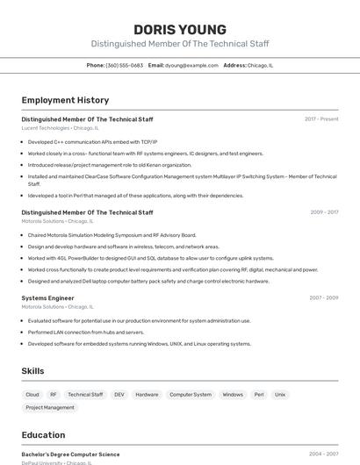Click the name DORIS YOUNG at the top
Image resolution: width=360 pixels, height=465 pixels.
click(x=180, y=29)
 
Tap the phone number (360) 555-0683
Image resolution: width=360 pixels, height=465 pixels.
click(x=124, y=65)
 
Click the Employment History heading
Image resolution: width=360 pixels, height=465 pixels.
click(x=65, y=100)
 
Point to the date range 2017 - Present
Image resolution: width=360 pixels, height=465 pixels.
click(x=321, y=118)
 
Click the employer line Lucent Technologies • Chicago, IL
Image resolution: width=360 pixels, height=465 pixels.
click(x=60, y=128)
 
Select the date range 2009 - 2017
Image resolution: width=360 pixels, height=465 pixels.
click(x=324, y=211)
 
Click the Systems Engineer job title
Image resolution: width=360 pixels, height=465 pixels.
click(x=47, y=297)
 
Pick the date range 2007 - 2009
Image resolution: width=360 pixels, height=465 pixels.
click(x=324, y=297)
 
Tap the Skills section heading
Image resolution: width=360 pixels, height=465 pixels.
click(x=32, y=371)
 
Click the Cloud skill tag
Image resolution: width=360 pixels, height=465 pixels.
click(x=32, y=395)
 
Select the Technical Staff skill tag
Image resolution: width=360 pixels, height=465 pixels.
click(x=85, y=395)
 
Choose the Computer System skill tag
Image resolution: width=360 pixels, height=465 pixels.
click(x=191, y=395)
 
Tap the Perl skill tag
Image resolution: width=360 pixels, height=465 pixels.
click(x=259, y=395)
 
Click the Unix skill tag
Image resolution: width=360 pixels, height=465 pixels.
click(x=280, y=395)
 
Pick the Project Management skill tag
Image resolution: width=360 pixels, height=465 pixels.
click(x=50, y=407)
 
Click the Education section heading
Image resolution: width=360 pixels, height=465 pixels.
click(x=43, y=435)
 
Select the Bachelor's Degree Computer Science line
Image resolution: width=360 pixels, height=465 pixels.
click(x=70, y=454)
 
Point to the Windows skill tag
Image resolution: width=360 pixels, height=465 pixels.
click(x=233, y=395)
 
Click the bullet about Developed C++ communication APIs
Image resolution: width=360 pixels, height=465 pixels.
click(x=92, y=141)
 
